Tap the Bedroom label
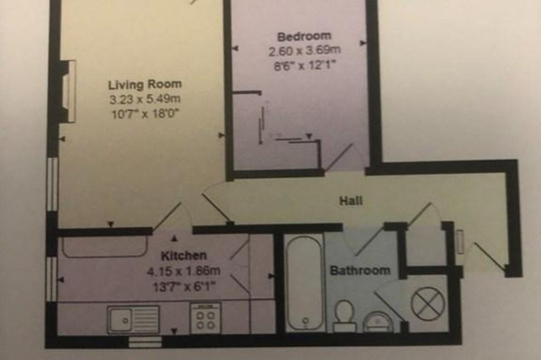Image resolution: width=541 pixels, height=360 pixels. click(x=304, y=36)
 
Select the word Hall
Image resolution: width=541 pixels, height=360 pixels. click(x=351, y=201)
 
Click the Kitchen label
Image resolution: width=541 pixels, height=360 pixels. click(x=184, y=255)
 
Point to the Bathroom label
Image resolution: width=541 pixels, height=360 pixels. click(x=360, y=270)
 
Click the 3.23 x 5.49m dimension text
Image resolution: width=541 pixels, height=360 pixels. click(x=145, y=99)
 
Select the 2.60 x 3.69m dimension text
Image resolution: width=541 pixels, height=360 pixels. click(x=305, y=51)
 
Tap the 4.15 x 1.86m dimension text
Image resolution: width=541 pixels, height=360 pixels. click(x=183, y=271)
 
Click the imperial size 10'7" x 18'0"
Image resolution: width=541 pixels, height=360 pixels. click(x=145, y=113)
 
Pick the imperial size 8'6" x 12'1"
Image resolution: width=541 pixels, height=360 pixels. click(x=305, y=65)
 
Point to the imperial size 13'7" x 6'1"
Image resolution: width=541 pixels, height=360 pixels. click(x=184, y=286)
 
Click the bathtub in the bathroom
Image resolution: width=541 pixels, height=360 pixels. click(x=305, y=283)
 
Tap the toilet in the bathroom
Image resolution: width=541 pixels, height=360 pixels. click(x=344, y=316)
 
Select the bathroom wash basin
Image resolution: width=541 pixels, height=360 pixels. click(x=378, y=321)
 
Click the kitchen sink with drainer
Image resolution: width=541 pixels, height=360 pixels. click(x=133, y=320)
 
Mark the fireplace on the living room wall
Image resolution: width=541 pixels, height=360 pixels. click(x=68, y=91)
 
